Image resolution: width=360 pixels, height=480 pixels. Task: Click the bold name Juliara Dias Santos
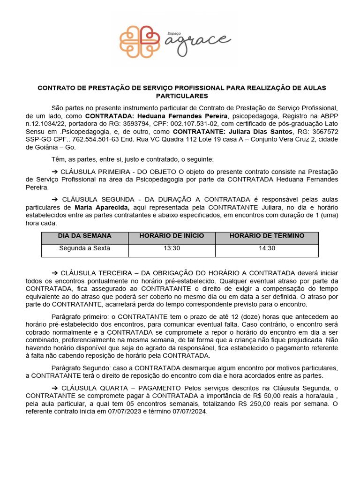262,132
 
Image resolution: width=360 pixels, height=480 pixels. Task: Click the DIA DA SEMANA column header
85,236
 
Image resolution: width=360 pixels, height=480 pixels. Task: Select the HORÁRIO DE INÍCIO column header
172,236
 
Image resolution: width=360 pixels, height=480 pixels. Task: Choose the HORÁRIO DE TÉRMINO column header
267,236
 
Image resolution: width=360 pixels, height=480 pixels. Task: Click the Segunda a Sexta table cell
85,248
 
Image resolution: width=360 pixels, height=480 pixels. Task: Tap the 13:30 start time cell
172,248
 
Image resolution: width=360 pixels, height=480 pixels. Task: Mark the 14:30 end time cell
267,248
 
